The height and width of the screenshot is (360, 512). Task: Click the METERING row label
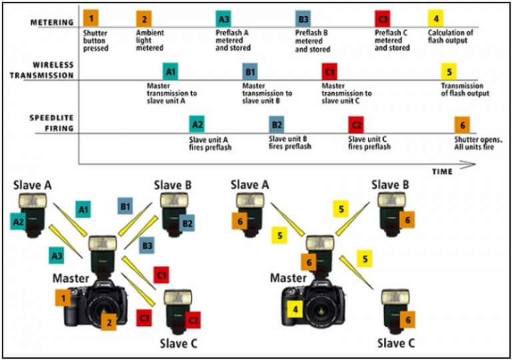(x=51, y=23)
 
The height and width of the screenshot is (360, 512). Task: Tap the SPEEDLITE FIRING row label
(x=52, y=123)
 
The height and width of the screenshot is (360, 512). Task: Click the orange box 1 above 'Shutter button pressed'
(x=91, y=17)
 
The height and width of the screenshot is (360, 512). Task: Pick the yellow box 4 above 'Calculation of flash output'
(x=435, y=18)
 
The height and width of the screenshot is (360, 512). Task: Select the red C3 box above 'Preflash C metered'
(x=383, y=18)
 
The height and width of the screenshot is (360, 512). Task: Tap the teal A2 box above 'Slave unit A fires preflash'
(x=197, y=124)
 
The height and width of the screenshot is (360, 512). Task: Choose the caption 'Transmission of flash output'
(x=465, y=89)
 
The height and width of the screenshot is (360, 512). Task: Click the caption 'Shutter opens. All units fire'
(x=477, y=143)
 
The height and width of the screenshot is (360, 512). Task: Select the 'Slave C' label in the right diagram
(x=395, y=343)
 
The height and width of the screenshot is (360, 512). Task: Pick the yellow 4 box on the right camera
(x=294, y=308)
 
